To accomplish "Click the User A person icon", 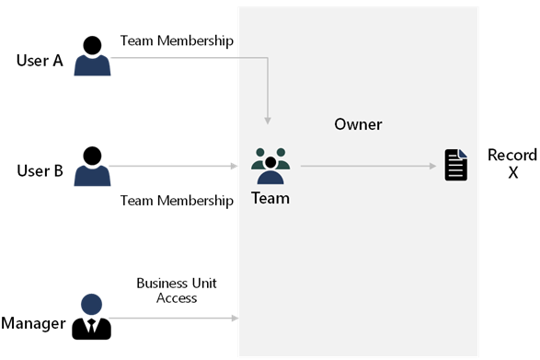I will [92, 56].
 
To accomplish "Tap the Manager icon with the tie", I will [91, 317].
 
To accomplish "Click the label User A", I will [40, 61].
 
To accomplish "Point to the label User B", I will [40, 171].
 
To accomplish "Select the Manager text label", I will [33, 323].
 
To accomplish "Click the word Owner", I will [358, 124].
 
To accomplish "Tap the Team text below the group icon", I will [270, 197].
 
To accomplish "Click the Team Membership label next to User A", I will [177, 41].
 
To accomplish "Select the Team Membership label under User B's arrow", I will [177, 200].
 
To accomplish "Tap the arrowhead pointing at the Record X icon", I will [431, 167].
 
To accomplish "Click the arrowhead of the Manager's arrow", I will [235, 319].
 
